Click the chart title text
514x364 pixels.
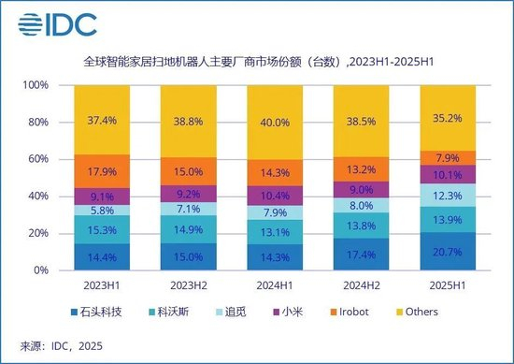[x=257, y=63]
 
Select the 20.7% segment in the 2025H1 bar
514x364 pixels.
[x=445, y=251]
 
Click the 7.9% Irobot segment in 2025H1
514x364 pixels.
[x=445, y=157]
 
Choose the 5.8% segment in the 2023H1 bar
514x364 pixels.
[x=102, y=211]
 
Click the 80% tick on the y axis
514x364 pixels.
[x=36, y=122]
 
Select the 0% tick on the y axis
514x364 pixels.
[x=38, y=270]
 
